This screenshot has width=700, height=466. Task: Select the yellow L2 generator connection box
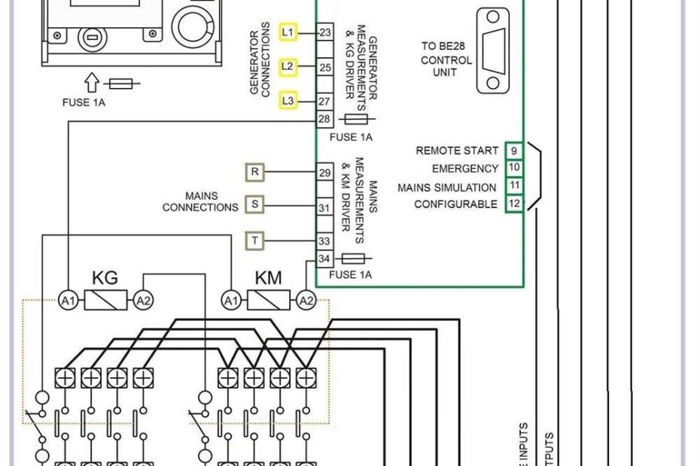(287, 66)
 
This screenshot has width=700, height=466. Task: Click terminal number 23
(325, 32)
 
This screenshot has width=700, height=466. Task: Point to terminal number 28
(325, 120)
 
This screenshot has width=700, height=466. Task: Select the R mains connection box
(255, 172)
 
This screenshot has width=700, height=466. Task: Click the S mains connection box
(255, 204)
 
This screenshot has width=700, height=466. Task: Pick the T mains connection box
(255, 241)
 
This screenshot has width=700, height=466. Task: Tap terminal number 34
(325, 259)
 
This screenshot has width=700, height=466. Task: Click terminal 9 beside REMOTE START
(513, 150)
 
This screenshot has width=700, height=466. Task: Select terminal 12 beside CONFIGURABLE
(513, 204)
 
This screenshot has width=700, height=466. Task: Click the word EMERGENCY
(464, 169)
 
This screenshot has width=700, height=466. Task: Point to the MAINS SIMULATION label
(446, 187)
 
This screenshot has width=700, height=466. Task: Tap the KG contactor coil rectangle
(105, 301)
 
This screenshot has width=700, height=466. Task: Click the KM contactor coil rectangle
(269, 301)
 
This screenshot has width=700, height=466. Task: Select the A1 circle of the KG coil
(68, 301)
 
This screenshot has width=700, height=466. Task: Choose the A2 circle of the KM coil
(306, 301)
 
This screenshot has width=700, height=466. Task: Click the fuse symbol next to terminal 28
(355, 120)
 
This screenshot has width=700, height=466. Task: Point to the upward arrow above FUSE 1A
(93, 81)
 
